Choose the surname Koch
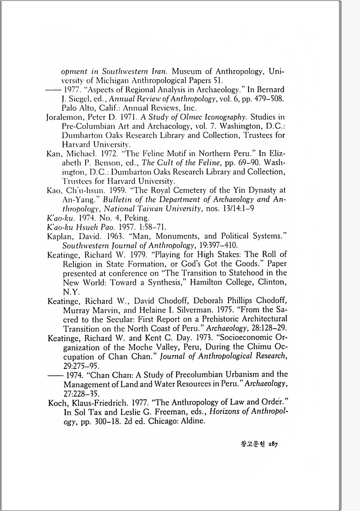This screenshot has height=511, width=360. [x=57, y=403]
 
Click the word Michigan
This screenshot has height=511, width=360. [x=116, y=80]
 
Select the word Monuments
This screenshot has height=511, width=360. [x=178, y=236]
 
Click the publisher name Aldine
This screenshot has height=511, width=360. [x=192, y=421]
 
